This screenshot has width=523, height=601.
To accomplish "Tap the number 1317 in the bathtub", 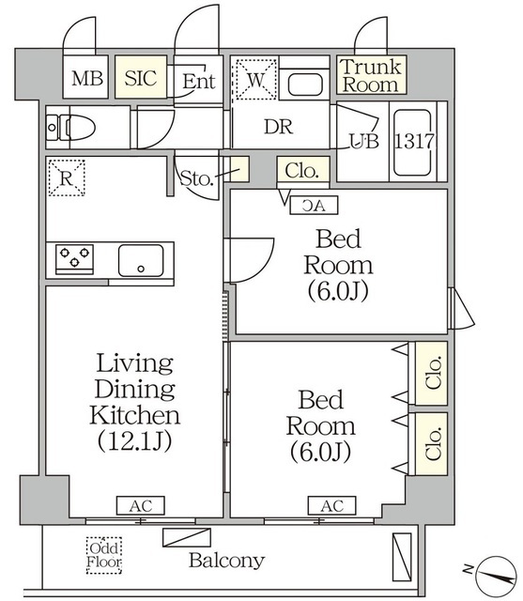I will tap(414, 142).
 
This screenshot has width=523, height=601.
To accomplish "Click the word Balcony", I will tap(226, 562).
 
